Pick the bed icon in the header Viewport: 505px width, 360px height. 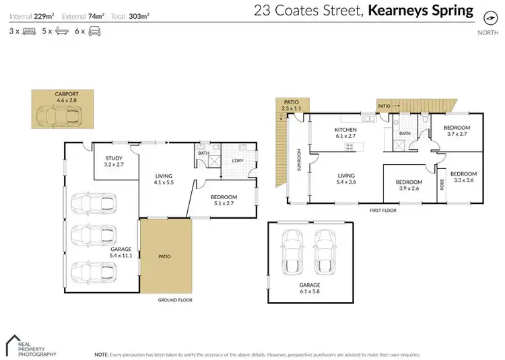point(30,32)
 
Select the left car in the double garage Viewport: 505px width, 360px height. point(294,252)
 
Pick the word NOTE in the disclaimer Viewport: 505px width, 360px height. point(102,354)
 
